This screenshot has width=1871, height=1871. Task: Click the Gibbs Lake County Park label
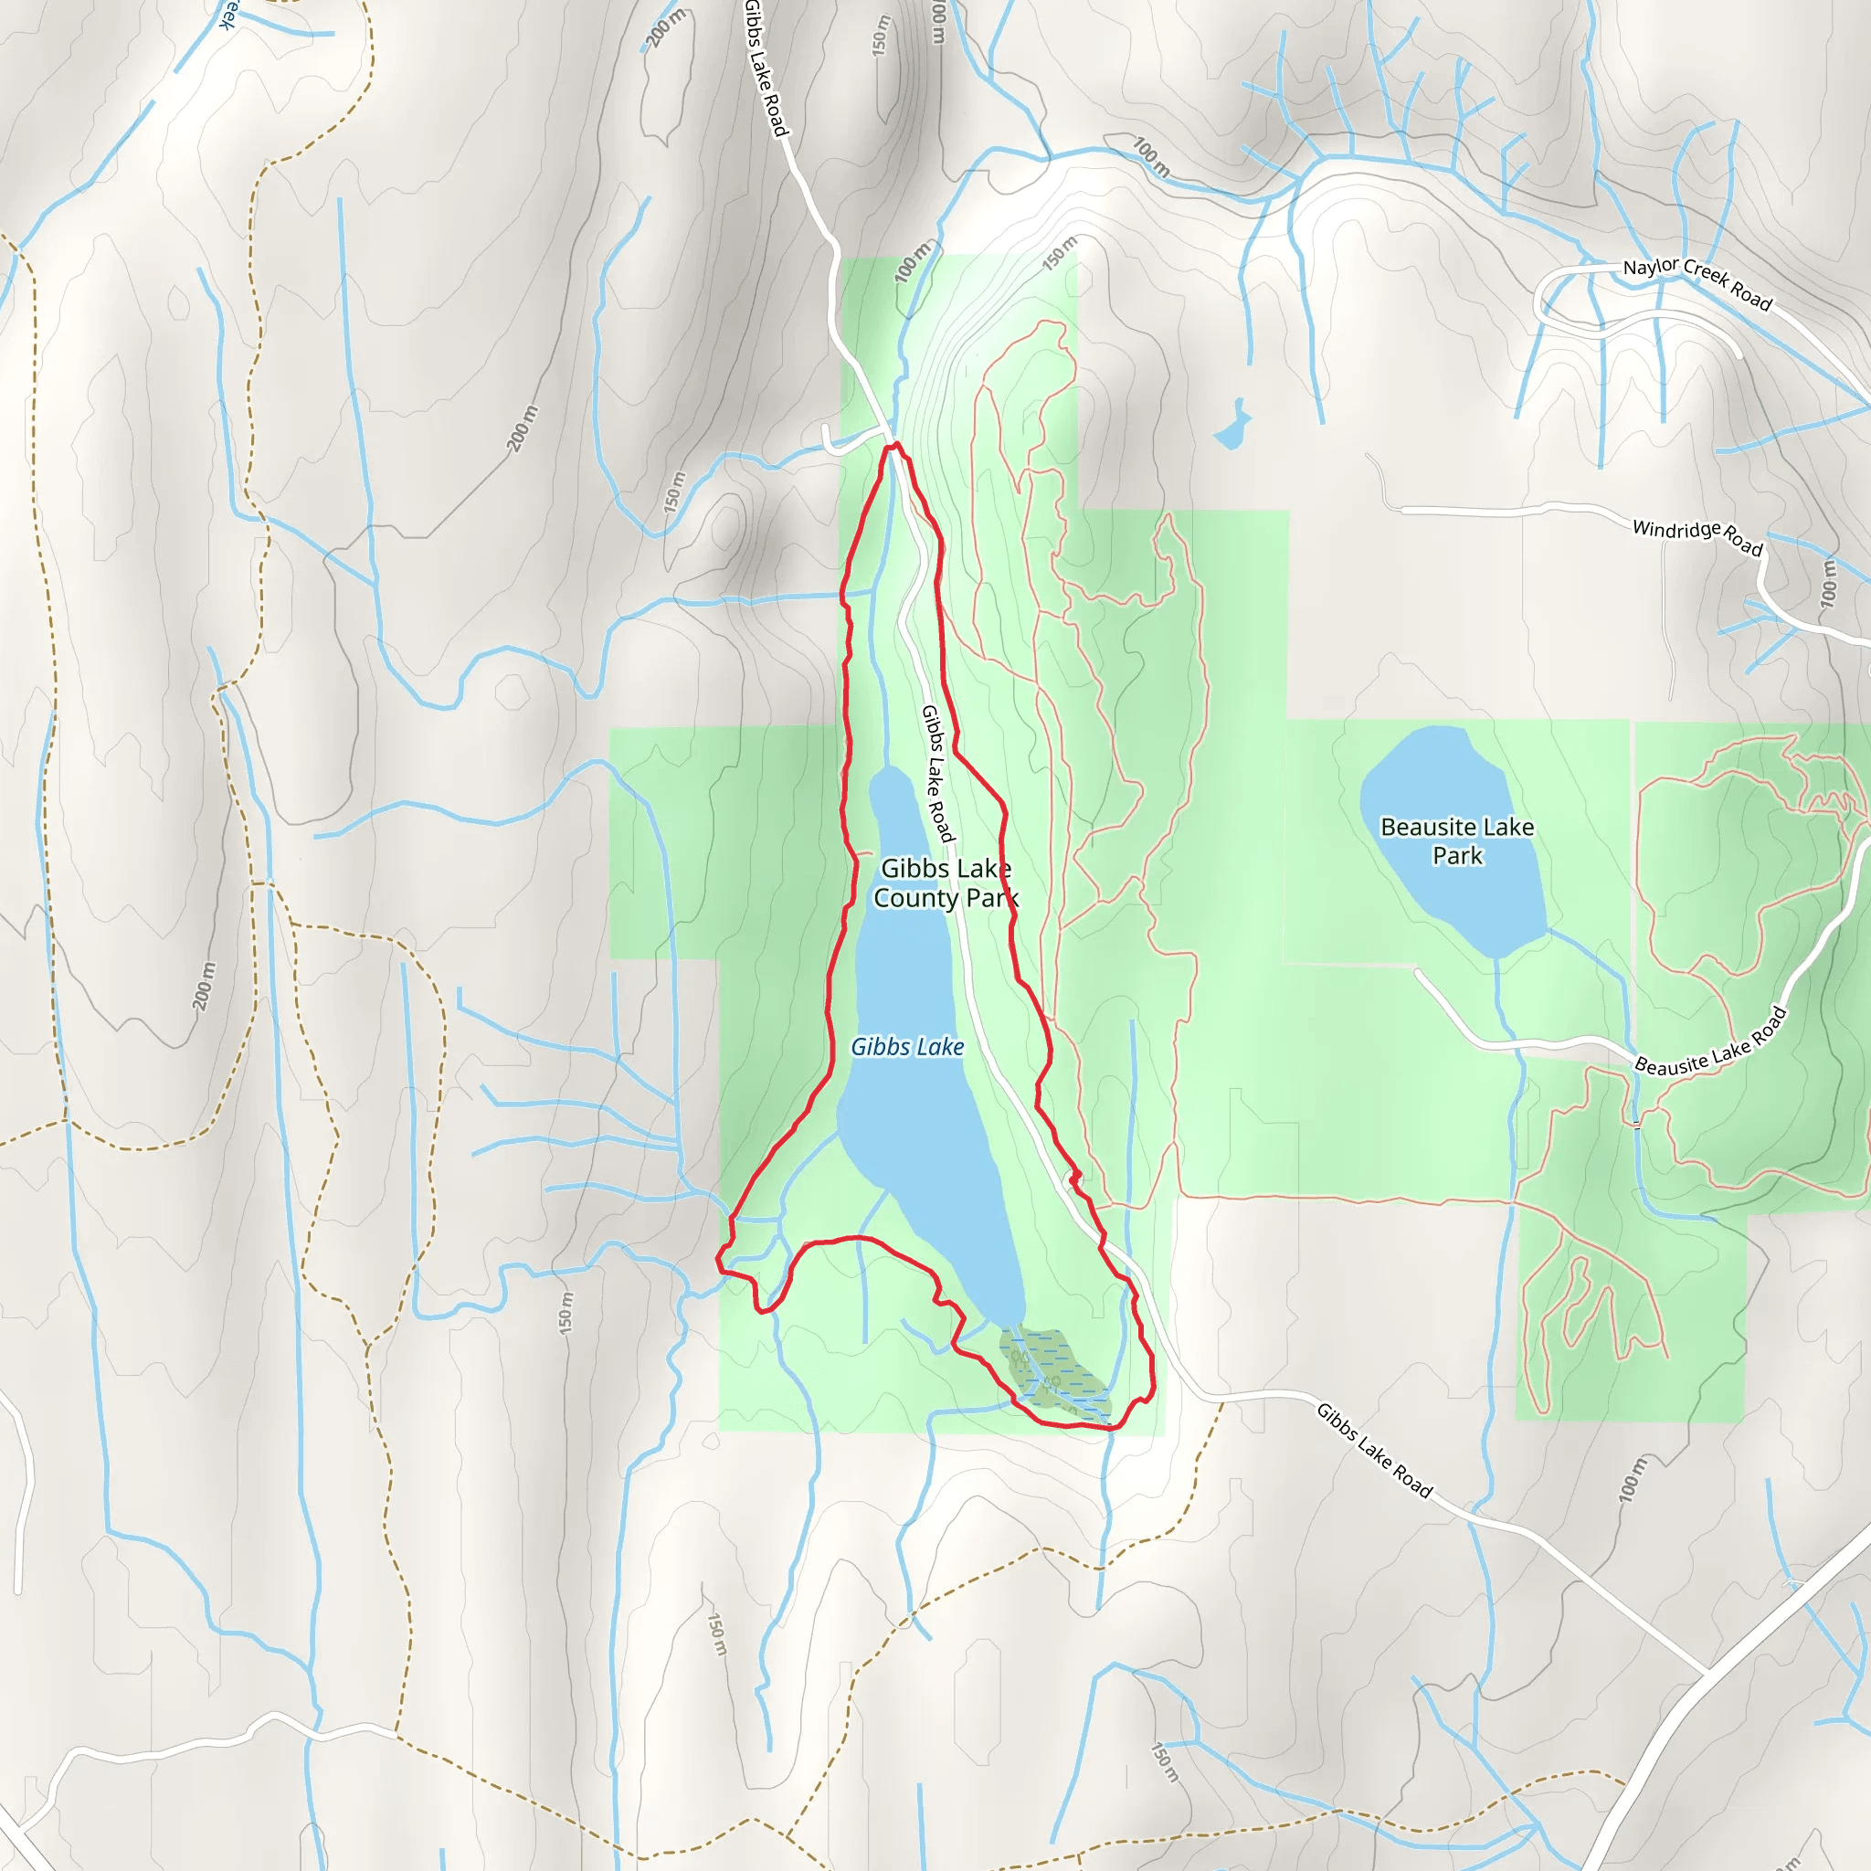[946, 883]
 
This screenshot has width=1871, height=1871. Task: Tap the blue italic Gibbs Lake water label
[907, 1047]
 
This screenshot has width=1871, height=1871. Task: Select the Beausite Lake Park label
[1456, 840]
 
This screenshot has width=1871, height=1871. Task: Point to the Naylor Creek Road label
[1697, 284]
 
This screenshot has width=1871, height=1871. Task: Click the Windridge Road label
[1697, 537]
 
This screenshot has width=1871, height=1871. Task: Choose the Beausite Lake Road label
[1710, 1041]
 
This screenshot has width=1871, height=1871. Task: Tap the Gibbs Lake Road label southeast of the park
[1374, 1450]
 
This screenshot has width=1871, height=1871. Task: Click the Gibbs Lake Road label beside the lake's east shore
[936, 773]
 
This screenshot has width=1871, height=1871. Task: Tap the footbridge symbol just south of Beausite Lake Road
[1636, 1125]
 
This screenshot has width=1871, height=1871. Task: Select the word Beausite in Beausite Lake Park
[1422, 827]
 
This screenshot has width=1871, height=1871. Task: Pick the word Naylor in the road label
[1650, 268]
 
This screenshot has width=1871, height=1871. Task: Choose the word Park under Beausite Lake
[1457, 856]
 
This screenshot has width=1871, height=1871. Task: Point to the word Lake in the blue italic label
[941, 1047]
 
